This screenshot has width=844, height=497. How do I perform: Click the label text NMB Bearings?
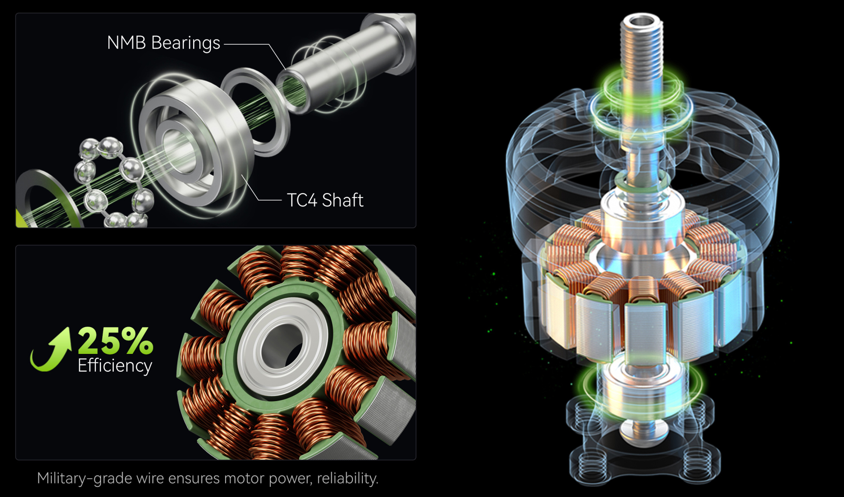pos(164,43)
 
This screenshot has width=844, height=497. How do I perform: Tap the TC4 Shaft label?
pos(325,200)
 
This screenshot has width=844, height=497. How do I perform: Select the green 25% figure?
pos(116,341)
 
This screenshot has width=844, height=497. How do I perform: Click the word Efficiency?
pos(115,366)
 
